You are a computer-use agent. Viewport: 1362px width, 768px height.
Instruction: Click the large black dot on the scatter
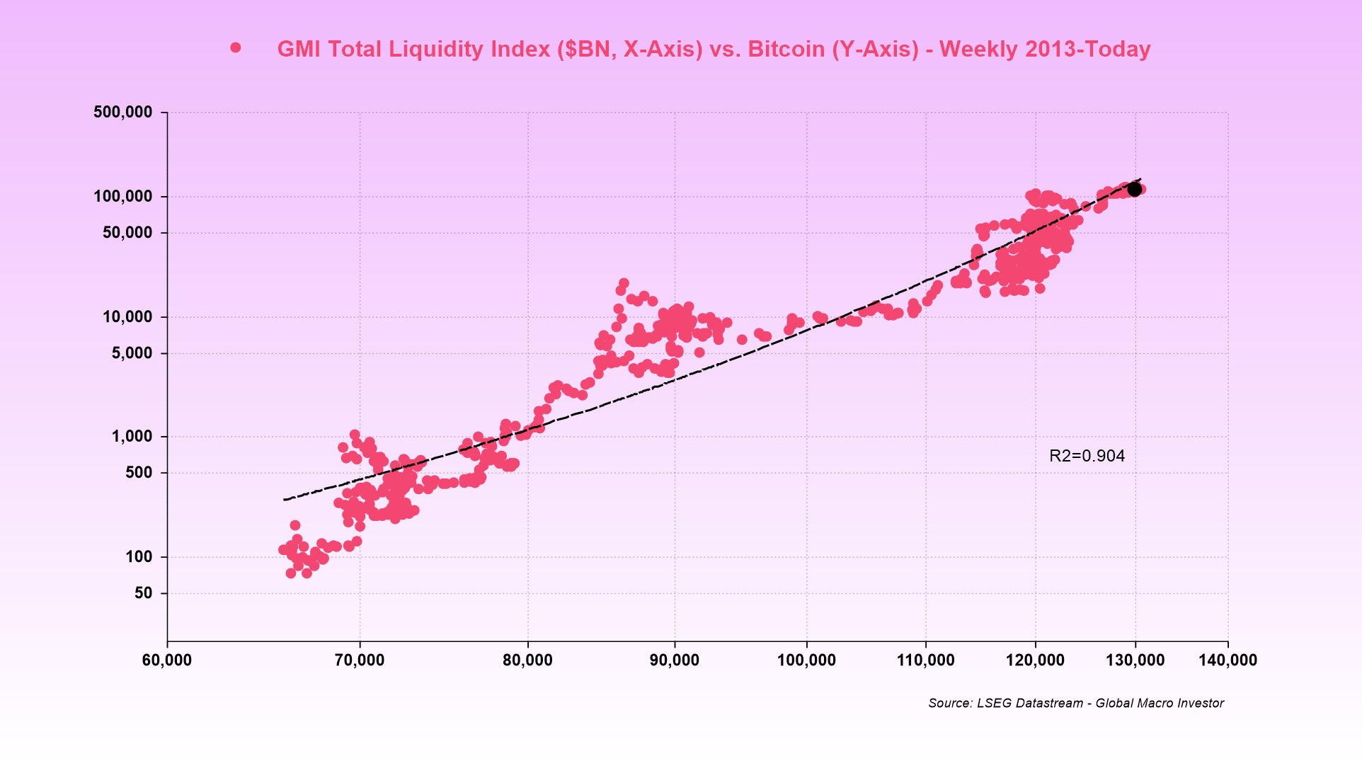pyautogui.click(x=1134, y=189)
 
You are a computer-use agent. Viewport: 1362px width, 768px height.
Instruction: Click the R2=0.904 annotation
pyautogui.click(x=1087, y=456)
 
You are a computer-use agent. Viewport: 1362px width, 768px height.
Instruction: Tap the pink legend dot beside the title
pyautogui.click(x=236, y=48)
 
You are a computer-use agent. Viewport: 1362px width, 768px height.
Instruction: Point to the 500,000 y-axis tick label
pyautogui.click(x=122, y=112)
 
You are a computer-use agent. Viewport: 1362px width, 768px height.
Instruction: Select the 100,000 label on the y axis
pyautogui.click(x=122, y=197)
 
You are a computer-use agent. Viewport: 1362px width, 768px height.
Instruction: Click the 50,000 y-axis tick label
pyautogui.click(x=127, y=233)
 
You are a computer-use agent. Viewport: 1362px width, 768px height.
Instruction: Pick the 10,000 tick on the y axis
pyautogui.click(x=127, y=317)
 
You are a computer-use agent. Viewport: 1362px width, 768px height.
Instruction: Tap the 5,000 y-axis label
pyautogui.click(x=131, y=353)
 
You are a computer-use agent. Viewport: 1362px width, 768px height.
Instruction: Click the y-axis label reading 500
pyautogui.click(x=139, y=473)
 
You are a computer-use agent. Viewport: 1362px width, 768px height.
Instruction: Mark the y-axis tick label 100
pyautogui.click(x=139, y=557)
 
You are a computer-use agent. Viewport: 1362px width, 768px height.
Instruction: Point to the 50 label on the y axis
pyautogui.click(x=143, y=593)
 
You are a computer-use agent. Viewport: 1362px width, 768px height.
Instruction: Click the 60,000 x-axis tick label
pyautogui.click(x=167, y=660)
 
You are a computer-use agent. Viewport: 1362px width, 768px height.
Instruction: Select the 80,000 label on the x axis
pyautogui.click(x=527, y=660)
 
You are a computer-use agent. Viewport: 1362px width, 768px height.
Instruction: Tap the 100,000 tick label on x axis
pyautogui.click(x=806, y=660)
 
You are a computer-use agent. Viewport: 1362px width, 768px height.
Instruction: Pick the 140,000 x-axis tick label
pyautogui.click(x=1227, y=660)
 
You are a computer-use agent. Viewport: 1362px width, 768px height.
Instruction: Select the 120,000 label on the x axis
pyautogui.click(x=1035, y=660)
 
